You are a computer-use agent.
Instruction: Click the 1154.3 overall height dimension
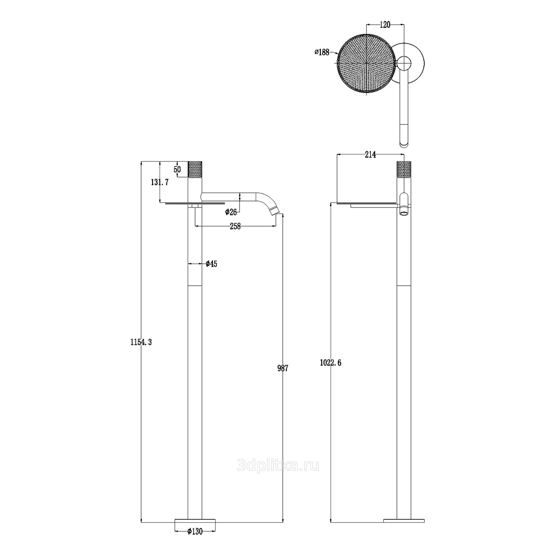[141, 342]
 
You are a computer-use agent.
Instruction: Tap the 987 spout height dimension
[283, 368]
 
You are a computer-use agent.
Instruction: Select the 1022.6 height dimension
[331, 362]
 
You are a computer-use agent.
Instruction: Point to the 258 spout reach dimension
[235, 227]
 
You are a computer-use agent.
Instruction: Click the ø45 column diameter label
[211, 264]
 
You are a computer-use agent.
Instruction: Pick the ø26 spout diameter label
[231, 212]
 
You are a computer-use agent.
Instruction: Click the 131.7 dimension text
[160, 182]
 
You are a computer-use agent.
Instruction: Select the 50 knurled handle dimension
[177, 169]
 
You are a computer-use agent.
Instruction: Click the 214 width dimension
[370, 155]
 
